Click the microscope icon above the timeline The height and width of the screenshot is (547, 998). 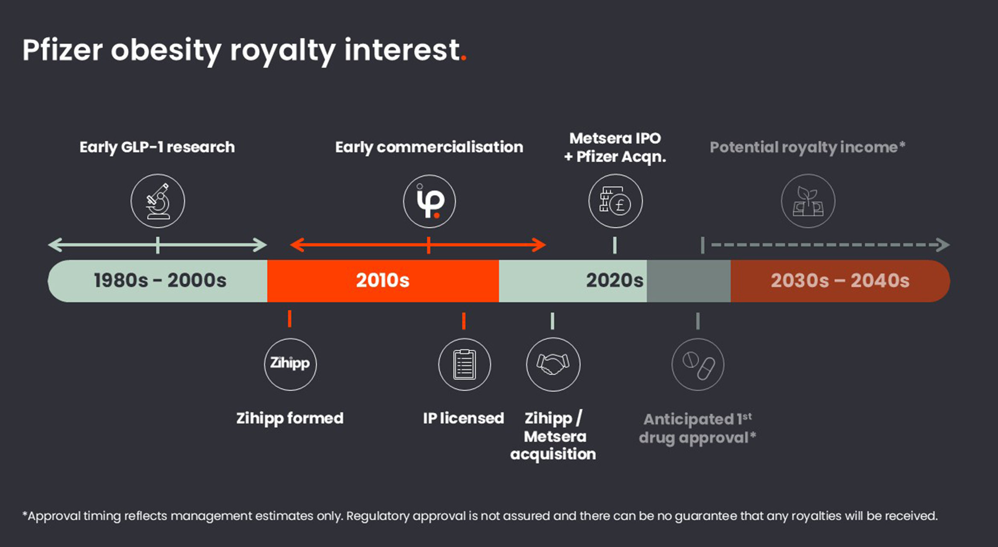(158, 201)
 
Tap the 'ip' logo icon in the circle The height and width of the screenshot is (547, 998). (429, 201)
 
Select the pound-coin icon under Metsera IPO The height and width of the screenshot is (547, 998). (615, 201)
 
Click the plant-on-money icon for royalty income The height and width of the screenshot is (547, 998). (808, 201)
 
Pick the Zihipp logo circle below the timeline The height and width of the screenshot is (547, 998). (290, 364)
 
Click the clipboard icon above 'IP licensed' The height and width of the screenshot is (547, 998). (464, 364)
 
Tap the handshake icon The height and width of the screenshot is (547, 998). (553, 364)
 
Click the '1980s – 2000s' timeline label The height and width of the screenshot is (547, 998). (160, 281)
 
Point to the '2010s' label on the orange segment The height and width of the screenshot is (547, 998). (382, 281)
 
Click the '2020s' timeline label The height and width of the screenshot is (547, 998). (614, 281)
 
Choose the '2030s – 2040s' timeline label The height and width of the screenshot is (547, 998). (840, 281)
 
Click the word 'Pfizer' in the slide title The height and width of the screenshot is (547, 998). (62, 50)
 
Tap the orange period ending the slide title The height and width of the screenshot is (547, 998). (464, 59)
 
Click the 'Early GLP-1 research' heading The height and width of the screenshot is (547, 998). (157, 147)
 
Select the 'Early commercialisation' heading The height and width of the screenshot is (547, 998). (429, 147)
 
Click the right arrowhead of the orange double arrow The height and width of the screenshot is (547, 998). (540, 245)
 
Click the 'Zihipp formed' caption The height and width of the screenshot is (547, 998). (290, 418)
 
